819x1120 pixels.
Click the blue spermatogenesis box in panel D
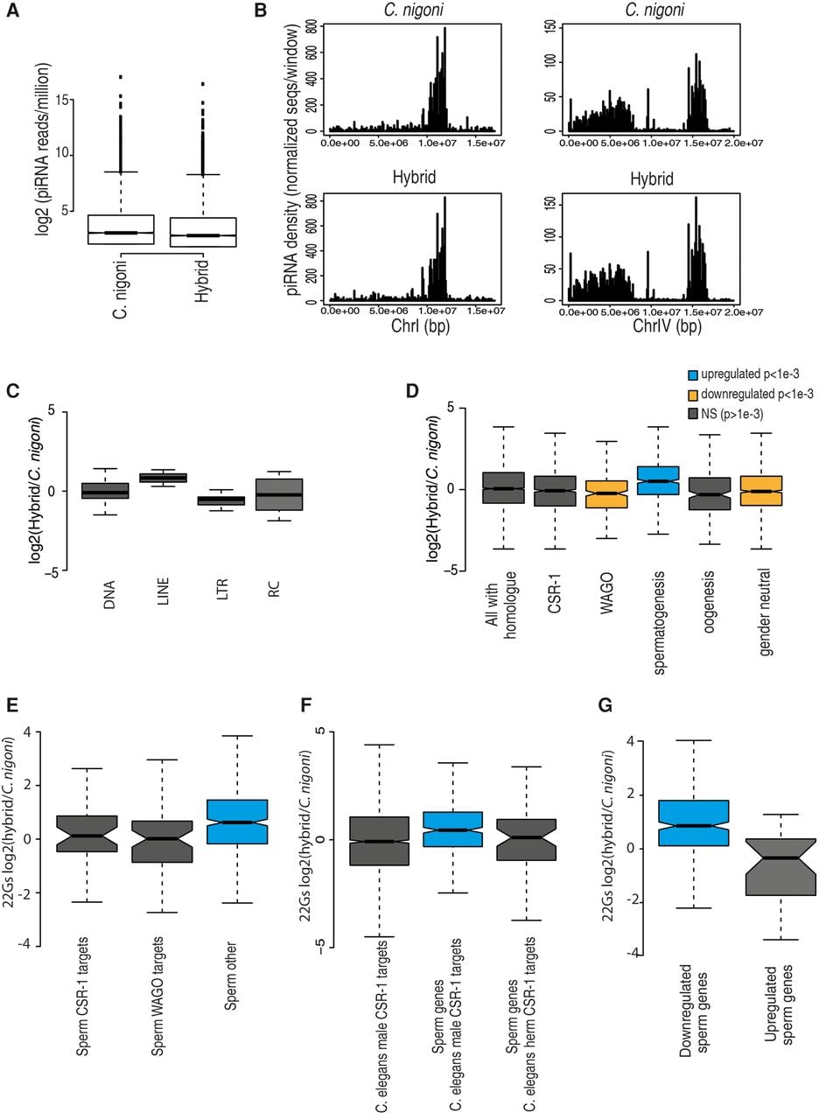(657, 480)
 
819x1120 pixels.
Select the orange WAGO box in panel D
(606, 494)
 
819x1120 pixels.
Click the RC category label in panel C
(274, 588)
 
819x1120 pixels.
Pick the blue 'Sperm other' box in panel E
(237, 822)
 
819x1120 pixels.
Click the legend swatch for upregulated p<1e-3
(692, 374)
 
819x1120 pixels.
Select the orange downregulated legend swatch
(692, 395)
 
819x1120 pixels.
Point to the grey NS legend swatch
(692, 414)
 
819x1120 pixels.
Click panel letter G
(605, 705)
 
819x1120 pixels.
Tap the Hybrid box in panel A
(203, 232)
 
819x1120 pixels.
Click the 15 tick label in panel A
(62, 100)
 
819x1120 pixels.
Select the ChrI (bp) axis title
(420, 326)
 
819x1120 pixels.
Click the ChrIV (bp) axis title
(667, 326)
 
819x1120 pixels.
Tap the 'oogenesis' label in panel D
(709, 602)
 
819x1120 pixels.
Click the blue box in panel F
(452, 829)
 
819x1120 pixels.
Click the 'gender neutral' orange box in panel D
(760, 491)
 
